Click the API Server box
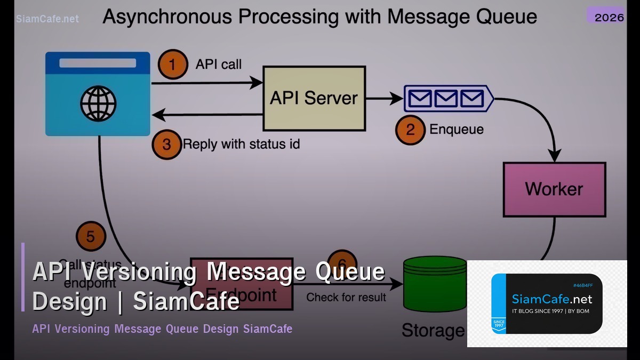point(314,99)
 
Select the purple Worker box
point(554,189)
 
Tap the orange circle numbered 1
point(173,65)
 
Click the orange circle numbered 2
point(410,130)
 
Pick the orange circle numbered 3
point(167,145)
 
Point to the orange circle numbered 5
point(91,236)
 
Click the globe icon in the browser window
point(98,103)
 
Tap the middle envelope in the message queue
point(446,98)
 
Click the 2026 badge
point(609,17)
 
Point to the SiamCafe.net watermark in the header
point(47,19)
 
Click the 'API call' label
point(219,65)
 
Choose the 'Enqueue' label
point(457,130)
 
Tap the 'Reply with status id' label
point(241,144)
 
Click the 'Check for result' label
point(346,297)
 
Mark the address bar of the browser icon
point(98,63)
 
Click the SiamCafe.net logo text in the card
point(551,299)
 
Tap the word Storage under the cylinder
point(433,330)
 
